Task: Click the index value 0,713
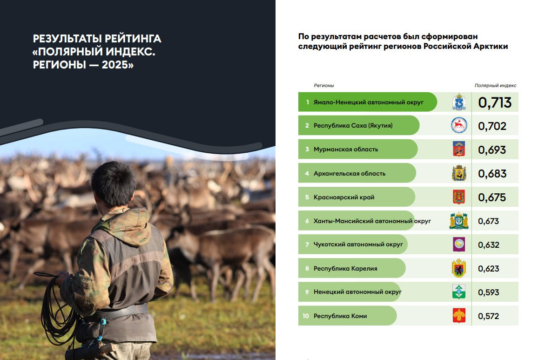pyautogui.click(x=495, y=102)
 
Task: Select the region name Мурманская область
pyautogui.click(x=346, y=149)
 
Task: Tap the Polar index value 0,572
pyautogui.click(x=488, y=316)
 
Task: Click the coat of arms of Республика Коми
pyautogui.click(x=459, y=316)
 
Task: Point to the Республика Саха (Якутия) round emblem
pyautogui.click(x=459, y=125)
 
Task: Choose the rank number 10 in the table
pyautogui.click(x=306, y=316)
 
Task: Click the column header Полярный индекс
pyautogui.click(x=495, y=86)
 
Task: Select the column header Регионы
pyautogui.click(x=324, y=86)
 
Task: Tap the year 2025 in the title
pyautogui.click(x=115, y=65)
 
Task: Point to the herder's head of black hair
pyautogui.click(x=114, y=183)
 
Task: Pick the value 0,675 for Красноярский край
pyautogui.click(x=492, y=197)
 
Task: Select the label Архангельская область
pyautogui.click(x=350, y=173)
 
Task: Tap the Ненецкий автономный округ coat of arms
pyautogui.click(x=459, y=292)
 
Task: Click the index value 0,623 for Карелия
pyautogui.click(x=488, y=268)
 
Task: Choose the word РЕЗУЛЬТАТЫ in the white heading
pyautogui.click(x=67, y=38)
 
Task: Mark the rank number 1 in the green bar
pyautogui.click(x=307, y=102)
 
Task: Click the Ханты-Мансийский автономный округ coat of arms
pyautogui.click(x=459, y=221)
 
